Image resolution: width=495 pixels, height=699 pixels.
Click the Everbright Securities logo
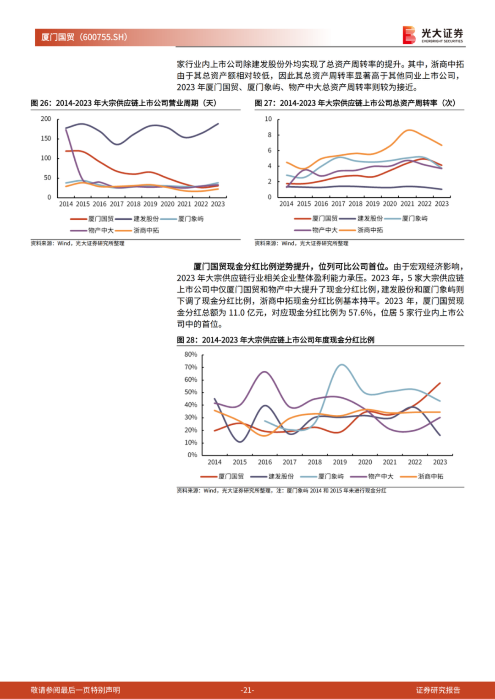point(433,35)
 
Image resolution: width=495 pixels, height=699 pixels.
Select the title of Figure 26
point(123,103)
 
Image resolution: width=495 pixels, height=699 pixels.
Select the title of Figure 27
point(355,103)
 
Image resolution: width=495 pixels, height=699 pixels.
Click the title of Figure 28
point(275,340)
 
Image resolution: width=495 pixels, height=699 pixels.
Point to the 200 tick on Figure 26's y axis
point(46,119)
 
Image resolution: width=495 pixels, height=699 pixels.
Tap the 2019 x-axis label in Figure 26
point(150,204)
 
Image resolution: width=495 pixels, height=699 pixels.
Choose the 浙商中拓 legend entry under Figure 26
point(146,230)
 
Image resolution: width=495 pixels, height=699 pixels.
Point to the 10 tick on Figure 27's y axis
point(268,119)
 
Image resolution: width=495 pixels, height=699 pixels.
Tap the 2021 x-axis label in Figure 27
point(407,204)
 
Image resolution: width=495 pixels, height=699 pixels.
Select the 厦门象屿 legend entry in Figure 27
point(415,218)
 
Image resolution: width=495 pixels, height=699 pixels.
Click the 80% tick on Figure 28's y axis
point(191,354)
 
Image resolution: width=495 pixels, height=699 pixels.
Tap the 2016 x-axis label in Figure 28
point(264,462)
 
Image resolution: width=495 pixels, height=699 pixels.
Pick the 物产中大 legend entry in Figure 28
point(380,477)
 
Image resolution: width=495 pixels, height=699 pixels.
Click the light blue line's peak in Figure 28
point(341,365)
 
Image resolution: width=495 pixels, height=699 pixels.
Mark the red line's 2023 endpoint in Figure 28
point(440,383)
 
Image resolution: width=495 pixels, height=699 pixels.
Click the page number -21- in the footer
point(247,690)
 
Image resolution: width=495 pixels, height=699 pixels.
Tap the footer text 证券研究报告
point(438,690)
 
